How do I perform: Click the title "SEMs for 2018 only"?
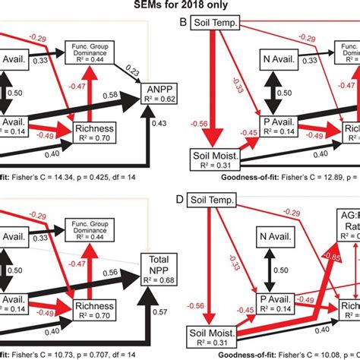pos(179,7)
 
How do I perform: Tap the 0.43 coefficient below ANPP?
pos(161,123)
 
